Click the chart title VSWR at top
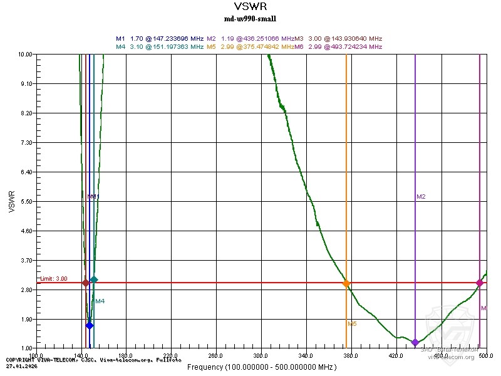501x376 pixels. (x=250, y=7)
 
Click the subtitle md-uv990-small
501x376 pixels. (x=250, y=19)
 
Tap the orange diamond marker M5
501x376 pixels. (x=346, y=284)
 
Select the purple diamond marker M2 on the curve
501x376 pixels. (x=415, y=342)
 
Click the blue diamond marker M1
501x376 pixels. (x=90, y=325)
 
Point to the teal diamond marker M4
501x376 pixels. (x=94, y=279)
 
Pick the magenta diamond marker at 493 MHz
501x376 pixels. (x=480, y=283)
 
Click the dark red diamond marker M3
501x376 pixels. (x=86, y=283)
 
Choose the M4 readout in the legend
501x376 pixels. (x=160, y=46)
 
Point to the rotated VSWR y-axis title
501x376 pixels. (x=11, y=201)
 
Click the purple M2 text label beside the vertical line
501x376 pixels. (x=421, y=197)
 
